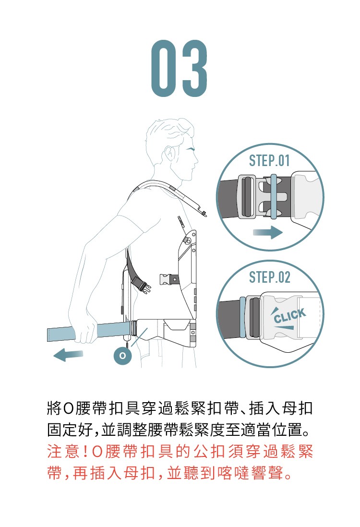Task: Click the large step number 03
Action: [179, 69]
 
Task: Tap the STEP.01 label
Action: [269, 161]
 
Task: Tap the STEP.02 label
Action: [269, 277]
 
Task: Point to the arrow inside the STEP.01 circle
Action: [267, 232]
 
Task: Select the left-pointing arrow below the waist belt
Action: [68, 355]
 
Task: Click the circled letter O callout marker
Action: [123, 356]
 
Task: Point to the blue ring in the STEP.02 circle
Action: [242, 317]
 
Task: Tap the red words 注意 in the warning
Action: [63, 452]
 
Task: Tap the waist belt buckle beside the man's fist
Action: [134, 328]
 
